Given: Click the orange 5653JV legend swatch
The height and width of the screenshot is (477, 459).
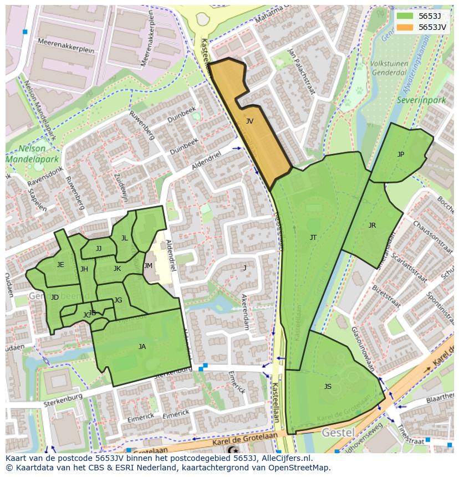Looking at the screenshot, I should [405, 27].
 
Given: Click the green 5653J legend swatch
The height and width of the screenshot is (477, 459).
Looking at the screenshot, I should [405, 16].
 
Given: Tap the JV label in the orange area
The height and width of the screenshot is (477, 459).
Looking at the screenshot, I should [249, 121].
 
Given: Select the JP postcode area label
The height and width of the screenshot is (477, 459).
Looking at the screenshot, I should [400, 155].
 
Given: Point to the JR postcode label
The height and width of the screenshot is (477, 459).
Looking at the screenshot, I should [372, 225].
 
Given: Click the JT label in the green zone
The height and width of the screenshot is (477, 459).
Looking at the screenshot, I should [313, 238].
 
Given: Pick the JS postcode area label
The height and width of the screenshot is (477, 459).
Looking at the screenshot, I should [328, 387].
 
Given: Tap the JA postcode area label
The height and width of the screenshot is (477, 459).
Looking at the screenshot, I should [142, 347].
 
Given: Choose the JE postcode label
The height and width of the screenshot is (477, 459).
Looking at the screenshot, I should [60, 265].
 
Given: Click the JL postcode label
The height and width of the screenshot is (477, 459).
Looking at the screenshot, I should [124, 238].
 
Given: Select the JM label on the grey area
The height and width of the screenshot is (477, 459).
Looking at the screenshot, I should [148, 266].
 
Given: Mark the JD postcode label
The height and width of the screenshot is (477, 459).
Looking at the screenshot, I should [54, 298].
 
